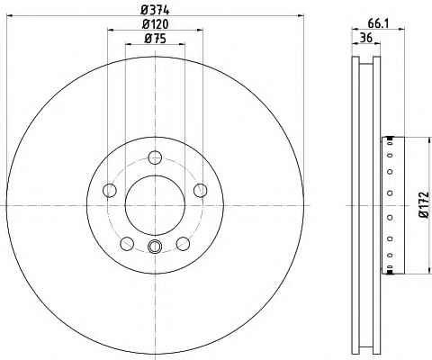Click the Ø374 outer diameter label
pos(155,10)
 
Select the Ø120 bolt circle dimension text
pos(155,24)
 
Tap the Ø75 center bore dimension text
pos(155,39)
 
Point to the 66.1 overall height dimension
pos(378,23)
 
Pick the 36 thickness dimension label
pos(366,38)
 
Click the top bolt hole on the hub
pos(155,157)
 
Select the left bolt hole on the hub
pos(110,190)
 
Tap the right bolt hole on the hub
pos(201,190)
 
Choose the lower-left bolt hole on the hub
pos(127,243)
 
